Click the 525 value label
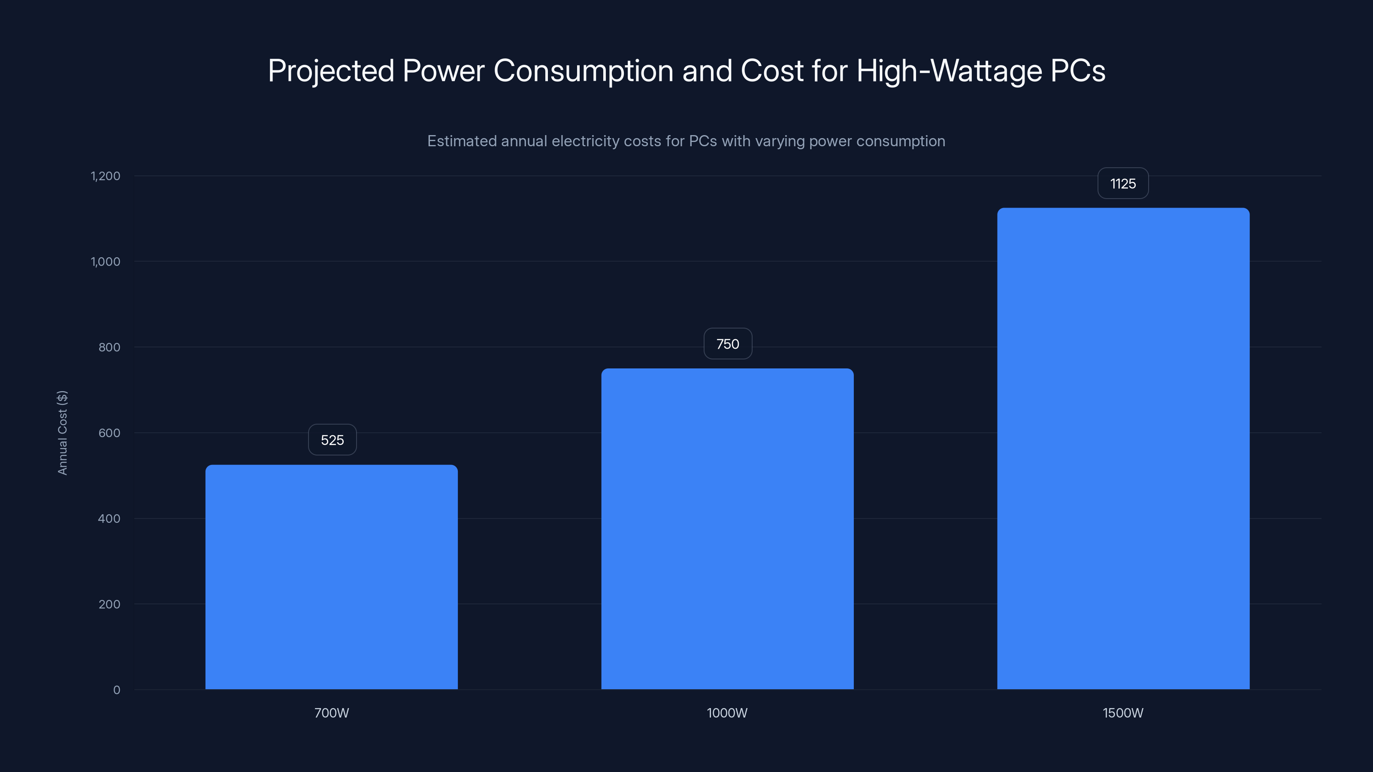coord(332,440)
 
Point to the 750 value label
coord(728,344)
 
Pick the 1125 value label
coord(1123,184)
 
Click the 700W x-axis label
coord(332,713)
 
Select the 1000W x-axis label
coord(727,713)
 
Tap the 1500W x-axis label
coord(1123,713)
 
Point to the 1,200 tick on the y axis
coord(106,176)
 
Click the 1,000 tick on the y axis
coord(106,262)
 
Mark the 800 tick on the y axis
coord(109,347)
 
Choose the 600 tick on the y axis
coord(109,433)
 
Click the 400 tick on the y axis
coord(109,519)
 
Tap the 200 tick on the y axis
coord(109,604)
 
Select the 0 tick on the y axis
coord(117,690)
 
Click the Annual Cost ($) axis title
coord(62,433)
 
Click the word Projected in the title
coord(330,71)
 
